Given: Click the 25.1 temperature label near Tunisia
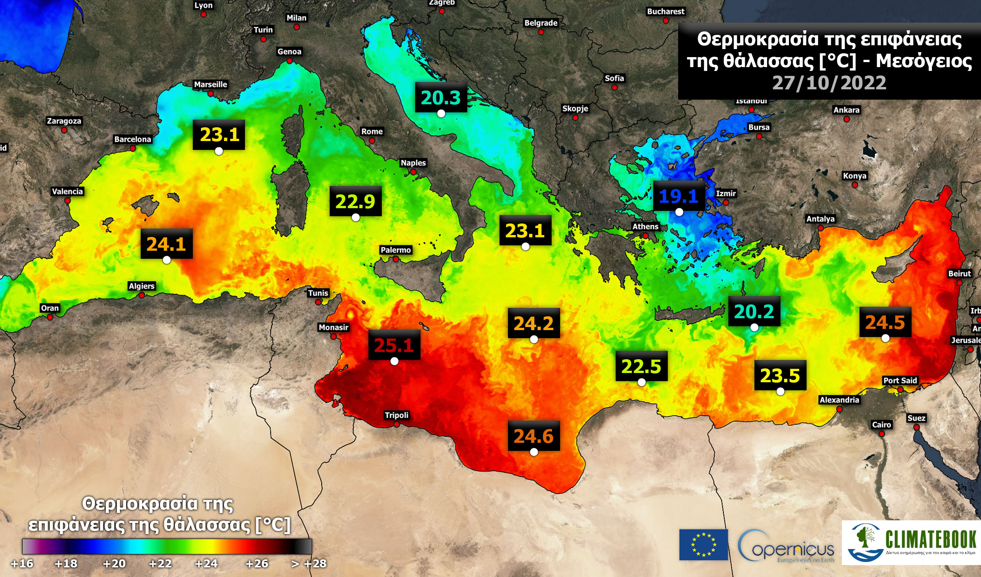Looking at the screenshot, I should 394,345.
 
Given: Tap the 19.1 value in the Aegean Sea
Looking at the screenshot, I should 679,196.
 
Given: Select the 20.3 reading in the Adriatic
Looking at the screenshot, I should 441,97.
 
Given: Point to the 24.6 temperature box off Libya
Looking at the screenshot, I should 533,436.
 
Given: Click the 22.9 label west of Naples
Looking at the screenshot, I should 355,201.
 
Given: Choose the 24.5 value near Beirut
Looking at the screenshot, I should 885,322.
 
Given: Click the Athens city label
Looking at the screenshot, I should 645,227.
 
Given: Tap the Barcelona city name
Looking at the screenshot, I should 132,140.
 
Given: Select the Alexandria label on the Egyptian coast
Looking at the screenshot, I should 839,400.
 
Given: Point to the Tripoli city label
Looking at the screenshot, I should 396,415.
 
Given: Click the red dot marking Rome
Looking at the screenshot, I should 372,141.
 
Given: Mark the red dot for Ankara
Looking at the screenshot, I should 846,119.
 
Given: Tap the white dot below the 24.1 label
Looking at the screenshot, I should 167,260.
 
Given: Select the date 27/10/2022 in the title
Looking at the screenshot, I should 829,83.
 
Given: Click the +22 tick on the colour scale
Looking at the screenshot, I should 160,563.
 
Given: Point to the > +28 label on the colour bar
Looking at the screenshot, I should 309,563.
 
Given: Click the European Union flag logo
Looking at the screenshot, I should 703,545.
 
